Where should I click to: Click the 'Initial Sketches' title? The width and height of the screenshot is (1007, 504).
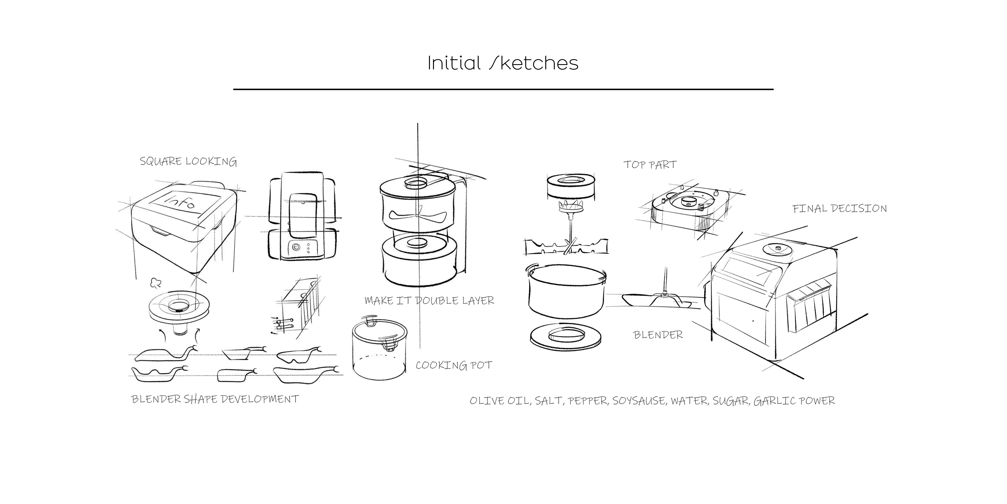pos(503,63)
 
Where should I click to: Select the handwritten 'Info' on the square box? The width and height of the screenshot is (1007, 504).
pos(181,203)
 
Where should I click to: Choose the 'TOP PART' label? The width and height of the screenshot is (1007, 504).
pos(650,165)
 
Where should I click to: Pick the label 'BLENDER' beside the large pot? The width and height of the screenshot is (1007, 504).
pos(658,335)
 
